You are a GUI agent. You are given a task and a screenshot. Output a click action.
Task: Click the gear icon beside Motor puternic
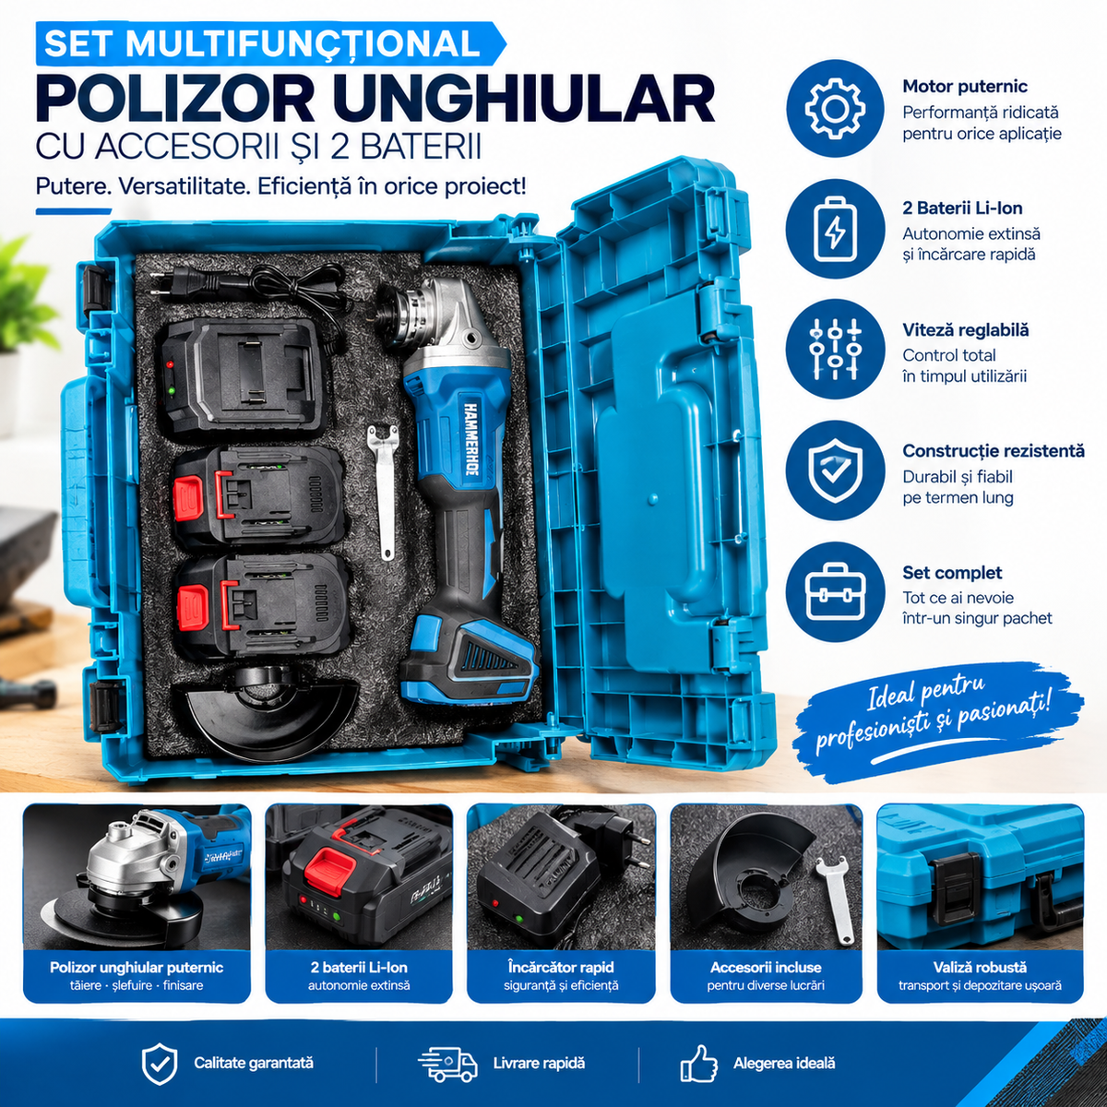835,108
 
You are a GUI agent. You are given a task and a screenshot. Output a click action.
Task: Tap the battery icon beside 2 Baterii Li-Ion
835,230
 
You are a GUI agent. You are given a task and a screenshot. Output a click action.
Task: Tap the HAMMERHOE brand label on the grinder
471,437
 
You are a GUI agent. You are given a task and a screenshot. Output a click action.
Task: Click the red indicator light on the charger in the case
170,364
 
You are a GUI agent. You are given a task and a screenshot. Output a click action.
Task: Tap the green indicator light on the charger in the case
171,390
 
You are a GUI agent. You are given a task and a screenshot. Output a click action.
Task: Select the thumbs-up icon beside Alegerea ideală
698,1064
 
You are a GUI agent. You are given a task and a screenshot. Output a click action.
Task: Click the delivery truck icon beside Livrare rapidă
446,1064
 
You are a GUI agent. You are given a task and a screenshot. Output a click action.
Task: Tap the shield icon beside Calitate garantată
160,1064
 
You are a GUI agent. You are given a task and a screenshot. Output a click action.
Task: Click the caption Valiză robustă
980,967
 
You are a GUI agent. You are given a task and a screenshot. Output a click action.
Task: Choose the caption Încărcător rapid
561,967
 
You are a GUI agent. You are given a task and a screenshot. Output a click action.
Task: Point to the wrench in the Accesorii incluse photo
833,903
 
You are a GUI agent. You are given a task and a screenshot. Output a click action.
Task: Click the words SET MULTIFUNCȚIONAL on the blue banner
262,43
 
